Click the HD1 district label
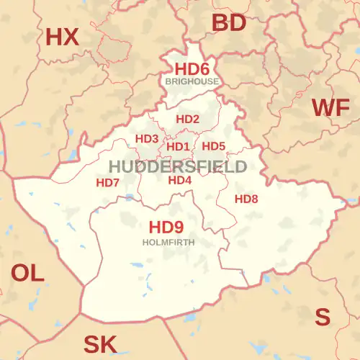pyautogui.click(x=178, y=147)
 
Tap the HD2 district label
pyautogui.click(x=188, y=120)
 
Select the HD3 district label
pyautogui.click(x=147, y=138)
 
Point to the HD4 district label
pyautogui.click(x=180, y=180)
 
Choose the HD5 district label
pyautogui.click(x=214, y=146)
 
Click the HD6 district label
pyautogui.click(x=192, y=69)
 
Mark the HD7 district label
pyautogui.click(x=108, y=183)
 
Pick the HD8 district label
pyautogui.click(x=246, y=199)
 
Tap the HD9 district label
pyautogui.click(x=166, y=228)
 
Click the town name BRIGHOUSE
pyautogui.click(x=192, y=82)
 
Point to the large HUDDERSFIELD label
pyautogui.click(x=177, y=166)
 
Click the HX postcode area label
pyautogui.click(x=62, y=37)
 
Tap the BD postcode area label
pyautogui.click(x=229, y=23)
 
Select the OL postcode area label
pyautogui.click(x=27, y=272)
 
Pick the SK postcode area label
pyautogui.click(x=100, y=344)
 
